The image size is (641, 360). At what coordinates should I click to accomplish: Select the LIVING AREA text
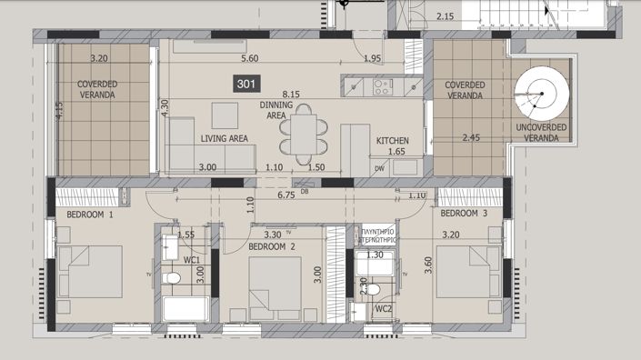click(225, 139)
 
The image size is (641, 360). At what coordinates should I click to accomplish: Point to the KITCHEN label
click(393, 141)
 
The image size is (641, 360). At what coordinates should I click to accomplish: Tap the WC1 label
click(192, 260)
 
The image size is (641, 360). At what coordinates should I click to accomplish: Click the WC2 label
click(384, 310)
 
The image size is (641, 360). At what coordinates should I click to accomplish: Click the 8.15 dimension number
click(291, 94)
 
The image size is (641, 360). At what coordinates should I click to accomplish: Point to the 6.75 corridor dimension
click(285, 194)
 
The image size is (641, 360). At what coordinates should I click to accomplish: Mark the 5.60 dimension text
click(250, 59)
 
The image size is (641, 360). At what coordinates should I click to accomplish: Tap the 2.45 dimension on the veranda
click(471, 138)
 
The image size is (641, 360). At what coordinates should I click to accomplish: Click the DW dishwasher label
click(378, 169)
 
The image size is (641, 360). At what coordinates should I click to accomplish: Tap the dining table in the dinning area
click(302, 133)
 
